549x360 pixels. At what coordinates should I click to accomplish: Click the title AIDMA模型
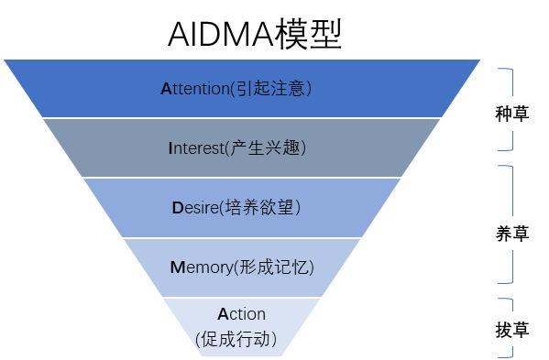click(255, 34)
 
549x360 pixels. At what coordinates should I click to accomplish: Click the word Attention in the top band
click(194, 89)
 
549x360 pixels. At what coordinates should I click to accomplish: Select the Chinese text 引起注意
click(270, 89)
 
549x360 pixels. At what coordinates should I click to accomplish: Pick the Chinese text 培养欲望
click(261, 208)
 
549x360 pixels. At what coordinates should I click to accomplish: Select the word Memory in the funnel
click(201, 267)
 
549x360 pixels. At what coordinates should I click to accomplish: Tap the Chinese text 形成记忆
click(274, 267)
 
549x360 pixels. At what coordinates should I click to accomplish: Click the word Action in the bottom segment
click(242, 314)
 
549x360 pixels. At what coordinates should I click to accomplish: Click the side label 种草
click(511, 114)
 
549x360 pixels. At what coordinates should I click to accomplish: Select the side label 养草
click(511, 234)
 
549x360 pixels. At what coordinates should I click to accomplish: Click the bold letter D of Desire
click(178, 208)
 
